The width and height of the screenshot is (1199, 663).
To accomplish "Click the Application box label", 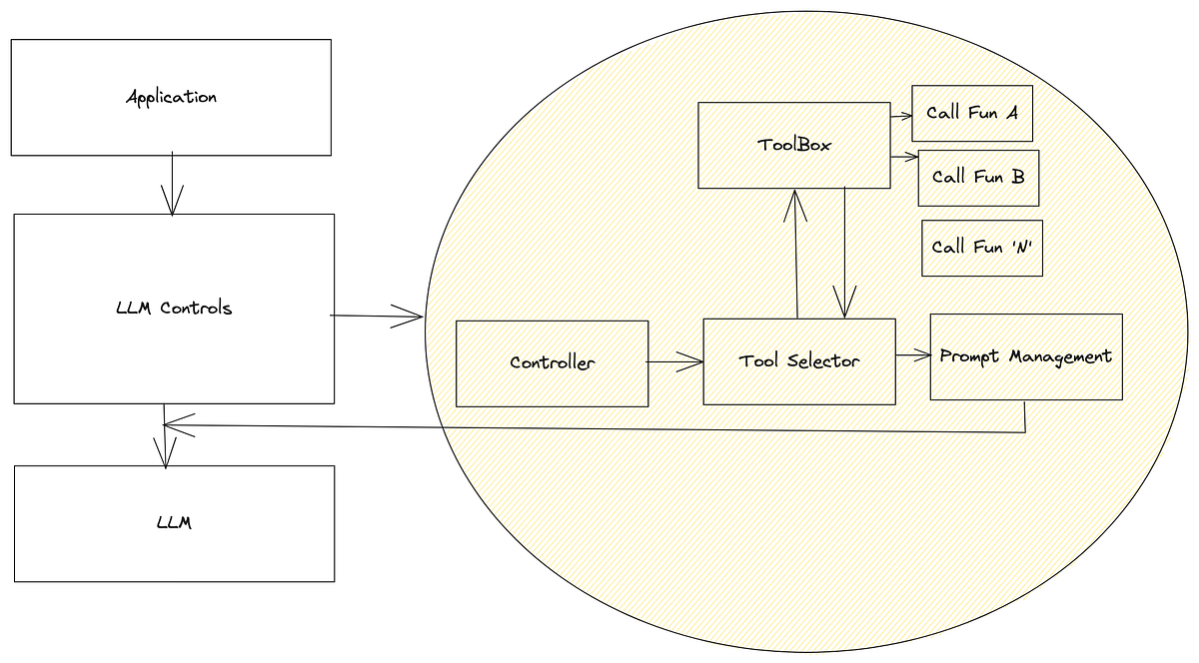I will pos(171,98).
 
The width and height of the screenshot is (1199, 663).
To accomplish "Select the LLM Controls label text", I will pos(174,308).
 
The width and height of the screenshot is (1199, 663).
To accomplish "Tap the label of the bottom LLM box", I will pos(174,522).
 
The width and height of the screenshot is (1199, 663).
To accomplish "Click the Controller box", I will pos(552,362).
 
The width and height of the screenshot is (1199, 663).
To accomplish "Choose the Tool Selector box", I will pos(798,361).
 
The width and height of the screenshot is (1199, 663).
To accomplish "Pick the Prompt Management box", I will pos(1025,356).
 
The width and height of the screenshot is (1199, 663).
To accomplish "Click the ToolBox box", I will pos(793,145).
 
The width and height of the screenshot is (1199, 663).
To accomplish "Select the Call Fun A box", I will pos(971,113).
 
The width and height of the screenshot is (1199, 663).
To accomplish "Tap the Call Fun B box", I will pos(978,178).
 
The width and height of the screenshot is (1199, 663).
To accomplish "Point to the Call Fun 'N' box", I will pos(981,248).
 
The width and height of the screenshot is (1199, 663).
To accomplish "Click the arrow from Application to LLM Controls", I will pos(173,184).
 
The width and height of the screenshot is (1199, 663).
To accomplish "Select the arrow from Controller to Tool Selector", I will pos(675,362).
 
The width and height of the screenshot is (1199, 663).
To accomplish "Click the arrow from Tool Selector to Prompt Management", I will pos(912,354).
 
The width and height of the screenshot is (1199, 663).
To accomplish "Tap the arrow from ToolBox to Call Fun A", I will pos(900,114).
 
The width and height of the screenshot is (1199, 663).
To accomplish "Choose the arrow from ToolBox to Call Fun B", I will pos(903,157).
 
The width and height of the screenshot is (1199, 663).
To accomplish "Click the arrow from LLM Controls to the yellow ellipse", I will pos(378,318).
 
